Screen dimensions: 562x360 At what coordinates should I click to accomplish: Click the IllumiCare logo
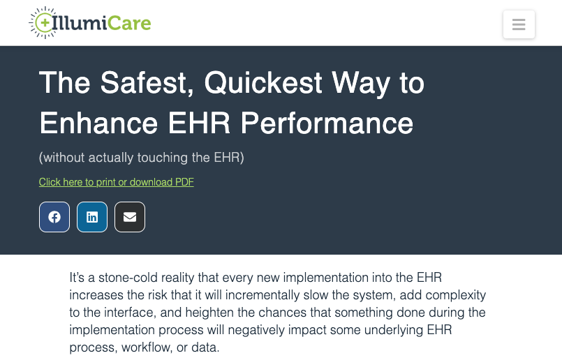click(x=90, y=22)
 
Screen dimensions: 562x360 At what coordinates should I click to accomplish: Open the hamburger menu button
click(x=519, y=24)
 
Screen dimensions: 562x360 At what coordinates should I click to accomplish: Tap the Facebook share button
click(x=54, y=217)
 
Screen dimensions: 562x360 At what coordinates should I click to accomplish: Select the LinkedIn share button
click(x=92, y=217)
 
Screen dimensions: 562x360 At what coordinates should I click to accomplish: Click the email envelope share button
click(x=130, y=217)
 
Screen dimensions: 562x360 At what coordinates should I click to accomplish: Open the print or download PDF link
click(x=117, y=182)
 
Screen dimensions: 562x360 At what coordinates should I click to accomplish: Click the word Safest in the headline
click(x=147, y=83)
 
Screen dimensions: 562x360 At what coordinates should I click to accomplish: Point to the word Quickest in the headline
click(x=263, y=84)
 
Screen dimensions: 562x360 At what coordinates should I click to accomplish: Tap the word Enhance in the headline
click(x=98, y=123)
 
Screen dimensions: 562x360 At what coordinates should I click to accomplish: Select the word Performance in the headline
click(x=327, y=123)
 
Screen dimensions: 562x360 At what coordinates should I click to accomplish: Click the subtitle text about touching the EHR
click(x=142, y=157)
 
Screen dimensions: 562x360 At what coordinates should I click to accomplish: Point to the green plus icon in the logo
click(x=45, y=23)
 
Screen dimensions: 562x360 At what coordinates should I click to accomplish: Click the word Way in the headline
click(x=360, y=84)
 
